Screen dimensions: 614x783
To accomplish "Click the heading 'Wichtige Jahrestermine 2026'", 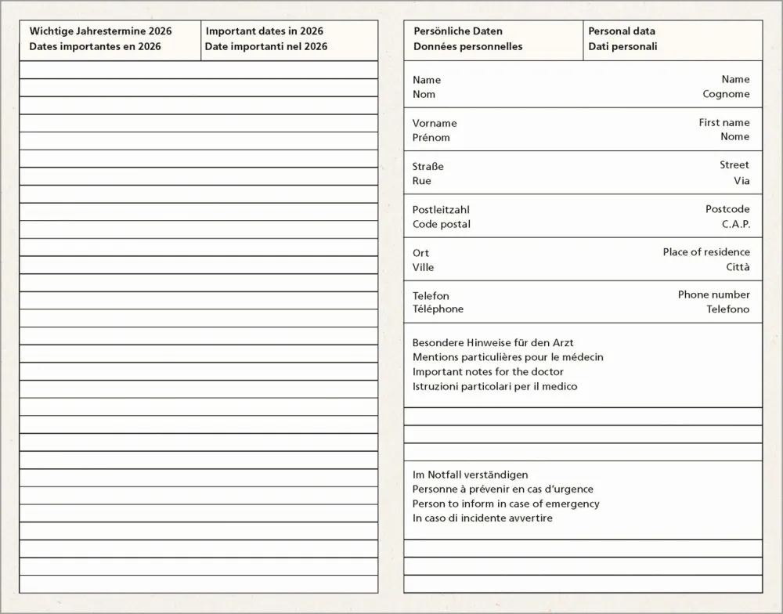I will coord(100,31).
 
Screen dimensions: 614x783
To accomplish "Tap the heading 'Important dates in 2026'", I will coord(264,31).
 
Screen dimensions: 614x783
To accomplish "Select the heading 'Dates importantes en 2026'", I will coord(95,46).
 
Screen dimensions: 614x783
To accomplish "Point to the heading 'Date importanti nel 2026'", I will coord(266,46).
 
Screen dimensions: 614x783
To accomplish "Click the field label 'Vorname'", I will coord(435,123).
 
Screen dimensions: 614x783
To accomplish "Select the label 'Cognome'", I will coord(726,94).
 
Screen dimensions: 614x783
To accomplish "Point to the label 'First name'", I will coord(724,122).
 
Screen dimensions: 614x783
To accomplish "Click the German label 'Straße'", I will coord(428,166).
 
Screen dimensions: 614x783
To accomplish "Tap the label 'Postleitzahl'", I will coord(441,209).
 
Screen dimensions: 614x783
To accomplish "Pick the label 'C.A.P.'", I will coord(735,224).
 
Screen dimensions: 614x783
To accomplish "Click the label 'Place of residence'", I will coord(706,252).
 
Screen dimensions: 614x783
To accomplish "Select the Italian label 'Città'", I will coord(738,267).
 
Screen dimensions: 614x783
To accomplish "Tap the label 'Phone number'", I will coord(713,294).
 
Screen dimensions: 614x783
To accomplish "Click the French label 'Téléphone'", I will coord(438,309).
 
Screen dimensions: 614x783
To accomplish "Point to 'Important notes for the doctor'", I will coord(488,372).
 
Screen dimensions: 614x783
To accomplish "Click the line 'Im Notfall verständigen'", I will coord(470,475).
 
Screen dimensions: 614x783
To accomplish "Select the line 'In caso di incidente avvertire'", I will coord(482,518).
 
